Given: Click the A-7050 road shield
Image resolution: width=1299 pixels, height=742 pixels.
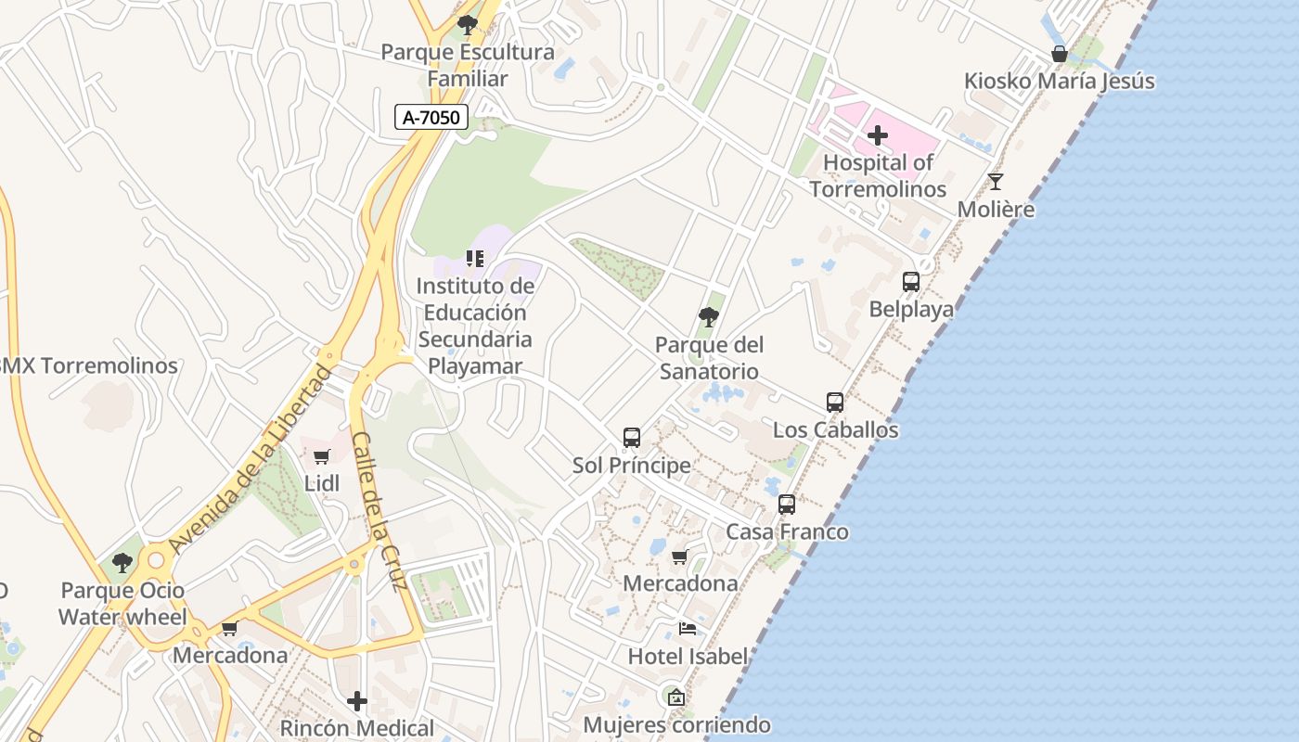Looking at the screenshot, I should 431,117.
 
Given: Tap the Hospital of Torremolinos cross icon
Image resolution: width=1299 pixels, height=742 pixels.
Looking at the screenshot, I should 877,136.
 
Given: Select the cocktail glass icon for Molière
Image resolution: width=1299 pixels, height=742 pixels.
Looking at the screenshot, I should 996,181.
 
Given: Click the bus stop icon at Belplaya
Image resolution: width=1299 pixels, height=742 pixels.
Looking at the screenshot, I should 911,281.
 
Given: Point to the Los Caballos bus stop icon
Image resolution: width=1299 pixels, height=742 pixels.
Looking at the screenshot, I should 835,402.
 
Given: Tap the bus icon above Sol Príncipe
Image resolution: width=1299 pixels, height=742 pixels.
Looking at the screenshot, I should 632,437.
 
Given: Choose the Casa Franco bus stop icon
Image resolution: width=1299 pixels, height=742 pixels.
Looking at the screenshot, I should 787,504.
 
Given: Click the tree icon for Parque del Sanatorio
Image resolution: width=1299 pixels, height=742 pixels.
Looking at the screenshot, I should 709,317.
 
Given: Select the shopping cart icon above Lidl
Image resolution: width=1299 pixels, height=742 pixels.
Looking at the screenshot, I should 322,455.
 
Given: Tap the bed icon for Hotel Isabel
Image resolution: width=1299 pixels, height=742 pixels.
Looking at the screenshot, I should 688,628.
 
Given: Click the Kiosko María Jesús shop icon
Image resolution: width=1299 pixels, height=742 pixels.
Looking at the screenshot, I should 1059,53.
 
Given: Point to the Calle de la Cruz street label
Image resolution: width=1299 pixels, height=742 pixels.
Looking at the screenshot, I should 379,512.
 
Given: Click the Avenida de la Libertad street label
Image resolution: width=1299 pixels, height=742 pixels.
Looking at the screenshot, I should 251,460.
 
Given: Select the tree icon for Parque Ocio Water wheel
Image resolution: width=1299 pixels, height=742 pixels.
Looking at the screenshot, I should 122,562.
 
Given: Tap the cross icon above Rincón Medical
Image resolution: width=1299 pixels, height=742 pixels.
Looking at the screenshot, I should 357,700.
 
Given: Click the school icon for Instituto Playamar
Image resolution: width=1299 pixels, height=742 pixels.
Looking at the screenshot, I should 475,258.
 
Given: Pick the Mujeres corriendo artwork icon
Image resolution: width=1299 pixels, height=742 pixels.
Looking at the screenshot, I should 676,697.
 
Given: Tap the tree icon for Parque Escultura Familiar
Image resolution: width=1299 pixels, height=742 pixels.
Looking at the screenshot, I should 468,24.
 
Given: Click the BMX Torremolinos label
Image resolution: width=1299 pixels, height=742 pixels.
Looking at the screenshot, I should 88,365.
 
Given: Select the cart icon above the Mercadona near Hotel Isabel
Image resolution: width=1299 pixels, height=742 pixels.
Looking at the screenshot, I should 680,556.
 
